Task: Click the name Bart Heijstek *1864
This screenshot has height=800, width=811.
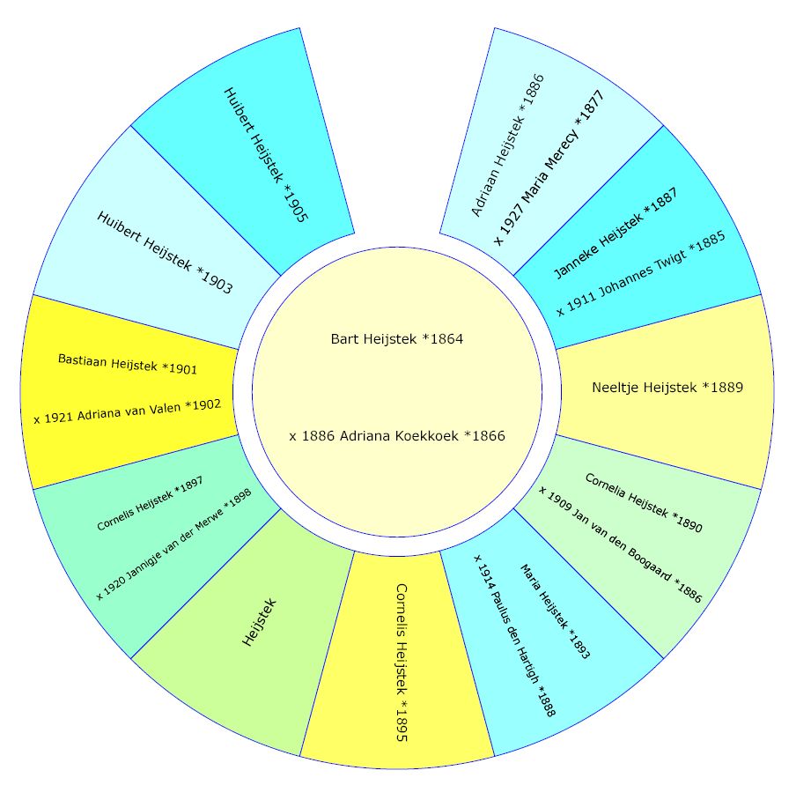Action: click(x=396, y=339)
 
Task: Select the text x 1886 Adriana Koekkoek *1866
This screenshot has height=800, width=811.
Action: click(x=396, y=436)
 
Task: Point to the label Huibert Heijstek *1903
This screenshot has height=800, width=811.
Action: click(x=165, y=252)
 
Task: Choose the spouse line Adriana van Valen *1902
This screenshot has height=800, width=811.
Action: click(x=127, y=411)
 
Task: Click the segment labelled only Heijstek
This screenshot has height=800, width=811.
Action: click(x=260, y=622)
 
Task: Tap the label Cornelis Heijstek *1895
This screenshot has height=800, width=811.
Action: click(x=401, y=662)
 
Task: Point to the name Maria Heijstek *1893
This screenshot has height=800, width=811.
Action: click(x=554, y=611)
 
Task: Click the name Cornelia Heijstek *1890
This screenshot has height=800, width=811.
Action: click(x=644, y=503)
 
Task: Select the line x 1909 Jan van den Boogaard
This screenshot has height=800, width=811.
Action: click(x=620, y=544)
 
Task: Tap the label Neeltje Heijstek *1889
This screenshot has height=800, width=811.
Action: click(x=667, y=387)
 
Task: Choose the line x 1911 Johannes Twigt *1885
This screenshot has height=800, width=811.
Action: click(x=641, y=276)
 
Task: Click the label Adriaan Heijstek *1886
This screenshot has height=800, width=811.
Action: click(x=508, y=144)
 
